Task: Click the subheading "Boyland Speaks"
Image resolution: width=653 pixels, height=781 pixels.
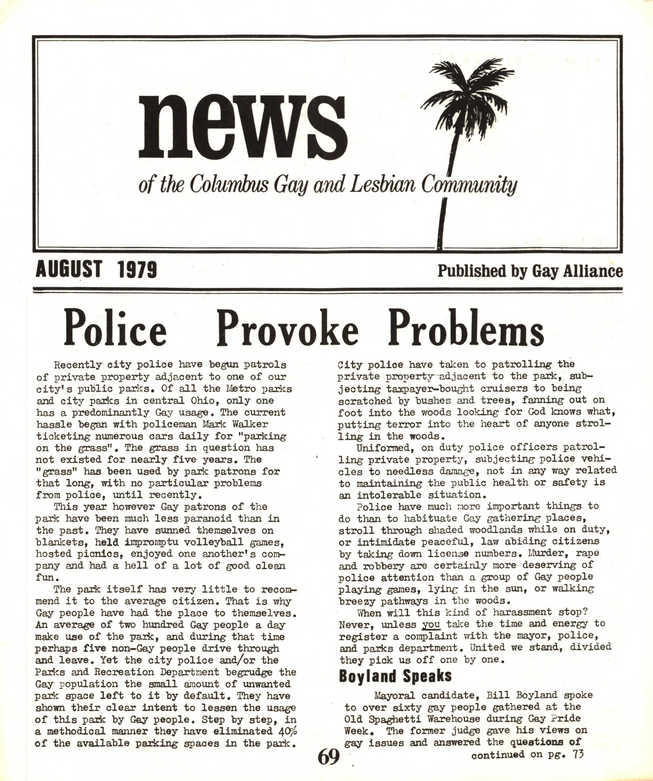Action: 395,676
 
